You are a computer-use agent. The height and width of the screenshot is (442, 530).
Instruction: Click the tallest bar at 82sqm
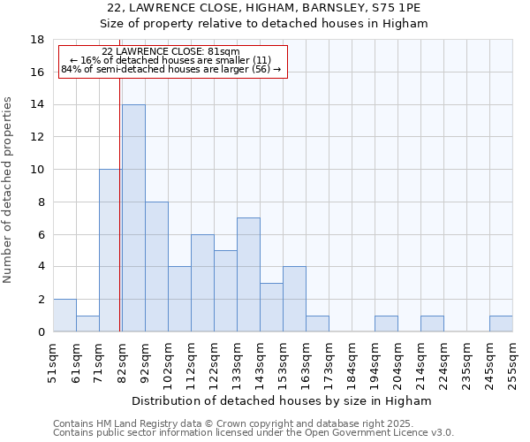point(133,218)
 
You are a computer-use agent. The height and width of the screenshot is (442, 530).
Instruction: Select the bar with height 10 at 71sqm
point(110,250)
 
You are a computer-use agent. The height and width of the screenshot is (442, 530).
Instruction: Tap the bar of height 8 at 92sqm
point(156,267)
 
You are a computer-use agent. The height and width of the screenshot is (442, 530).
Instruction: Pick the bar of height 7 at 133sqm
point(248,275)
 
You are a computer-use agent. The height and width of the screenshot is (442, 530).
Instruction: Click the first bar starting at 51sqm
point(64,316)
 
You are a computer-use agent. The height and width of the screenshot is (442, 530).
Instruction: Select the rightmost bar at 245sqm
point(501,324)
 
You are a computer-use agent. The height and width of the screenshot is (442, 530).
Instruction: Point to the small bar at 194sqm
point(386,324)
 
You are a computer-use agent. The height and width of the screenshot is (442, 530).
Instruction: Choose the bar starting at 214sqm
point(432,324)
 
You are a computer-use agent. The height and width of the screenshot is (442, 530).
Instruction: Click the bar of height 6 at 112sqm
point(202,283)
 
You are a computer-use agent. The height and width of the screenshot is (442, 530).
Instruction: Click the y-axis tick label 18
point(38,40)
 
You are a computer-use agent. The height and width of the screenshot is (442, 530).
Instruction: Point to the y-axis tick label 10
point(38,170)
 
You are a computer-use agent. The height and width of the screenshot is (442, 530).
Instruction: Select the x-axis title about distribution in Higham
point(283,400)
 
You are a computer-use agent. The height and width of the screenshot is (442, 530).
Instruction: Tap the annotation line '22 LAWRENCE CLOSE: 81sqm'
point(170,52)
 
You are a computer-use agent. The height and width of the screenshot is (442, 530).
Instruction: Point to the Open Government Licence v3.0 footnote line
point(254,432)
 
